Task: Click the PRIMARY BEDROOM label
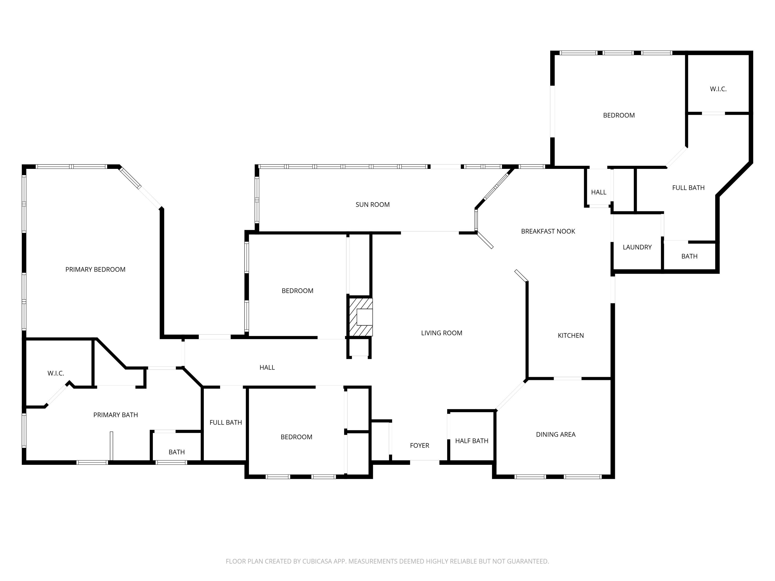(95, 269)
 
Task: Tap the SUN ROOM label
(373, 205)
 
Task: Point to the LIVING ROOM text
(441, 333)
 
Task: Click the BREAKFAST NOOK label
(548, 231)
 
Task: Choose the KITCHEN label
(571, 335)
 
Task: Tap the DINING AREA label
(556, 434)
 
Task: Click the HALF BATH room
(471, 441)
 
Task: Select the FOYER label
(419, 445)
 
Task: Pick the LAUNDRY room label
(637, 247)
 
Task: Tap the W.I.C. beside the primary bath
(56, 373)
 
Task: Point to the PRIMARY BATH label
(116, 415)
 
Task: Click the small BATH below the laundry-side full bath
(689, 256)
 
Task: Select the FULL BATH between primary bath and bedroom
(226, 422)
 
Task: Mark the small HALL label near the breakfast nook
(598, 192)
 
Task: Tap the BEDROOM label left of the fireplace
(297, 291)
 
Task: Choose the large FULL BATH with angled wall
(688, 188)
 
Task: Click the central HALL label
(267, 367)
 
